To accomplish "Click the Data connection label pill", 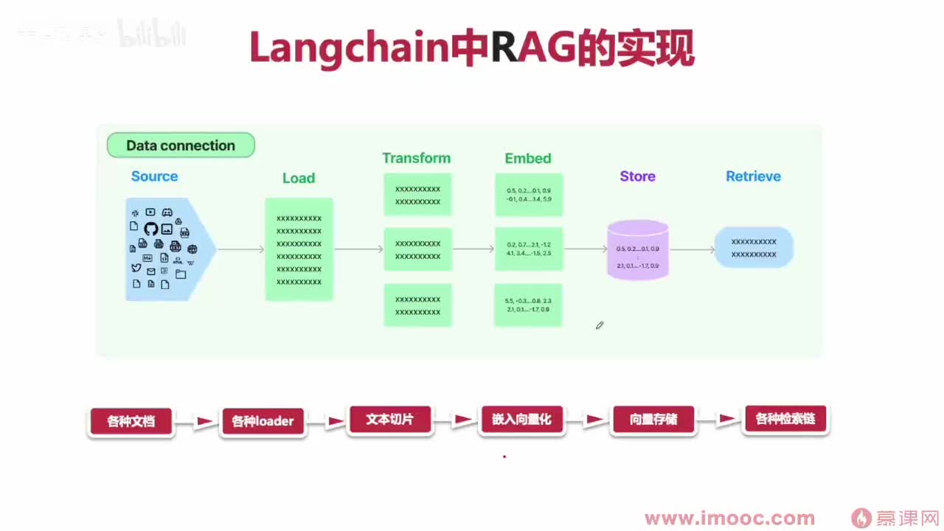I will coord(181,145).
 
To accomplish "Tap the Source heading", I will coord(154,176).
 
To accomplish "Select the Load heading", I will coord(299,178).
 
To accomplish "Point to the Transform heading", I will coord(416,158).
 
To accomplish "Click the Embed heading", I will coord(528,158).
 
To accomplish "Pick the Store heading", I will coord(637,176).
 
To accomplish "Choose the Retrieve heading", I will coord(753,176).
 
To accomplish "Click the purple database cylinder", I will coord(638,250).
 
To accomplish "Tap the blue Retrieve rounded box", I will coord(754,247).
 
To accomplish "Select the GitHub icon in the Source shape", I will coord(151,229).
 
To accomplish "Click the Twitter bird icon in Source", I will coord(136,268).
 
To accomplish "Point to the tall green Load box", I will coord(299,249).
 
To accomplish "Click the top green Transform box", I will coord(417,195).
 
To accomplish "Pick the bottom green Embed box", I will coord(528,305).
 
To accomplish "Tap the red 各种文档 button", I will coord(131,422).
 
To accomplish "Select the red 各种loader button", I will coord(263,422).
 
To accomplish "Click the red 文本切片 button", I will coord(389,420).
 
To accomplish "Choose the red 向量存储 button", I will coord(653,420).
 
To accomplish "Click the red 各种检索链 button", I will coord(785,420).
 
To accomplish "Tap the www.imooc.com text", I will coord(729,518).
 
